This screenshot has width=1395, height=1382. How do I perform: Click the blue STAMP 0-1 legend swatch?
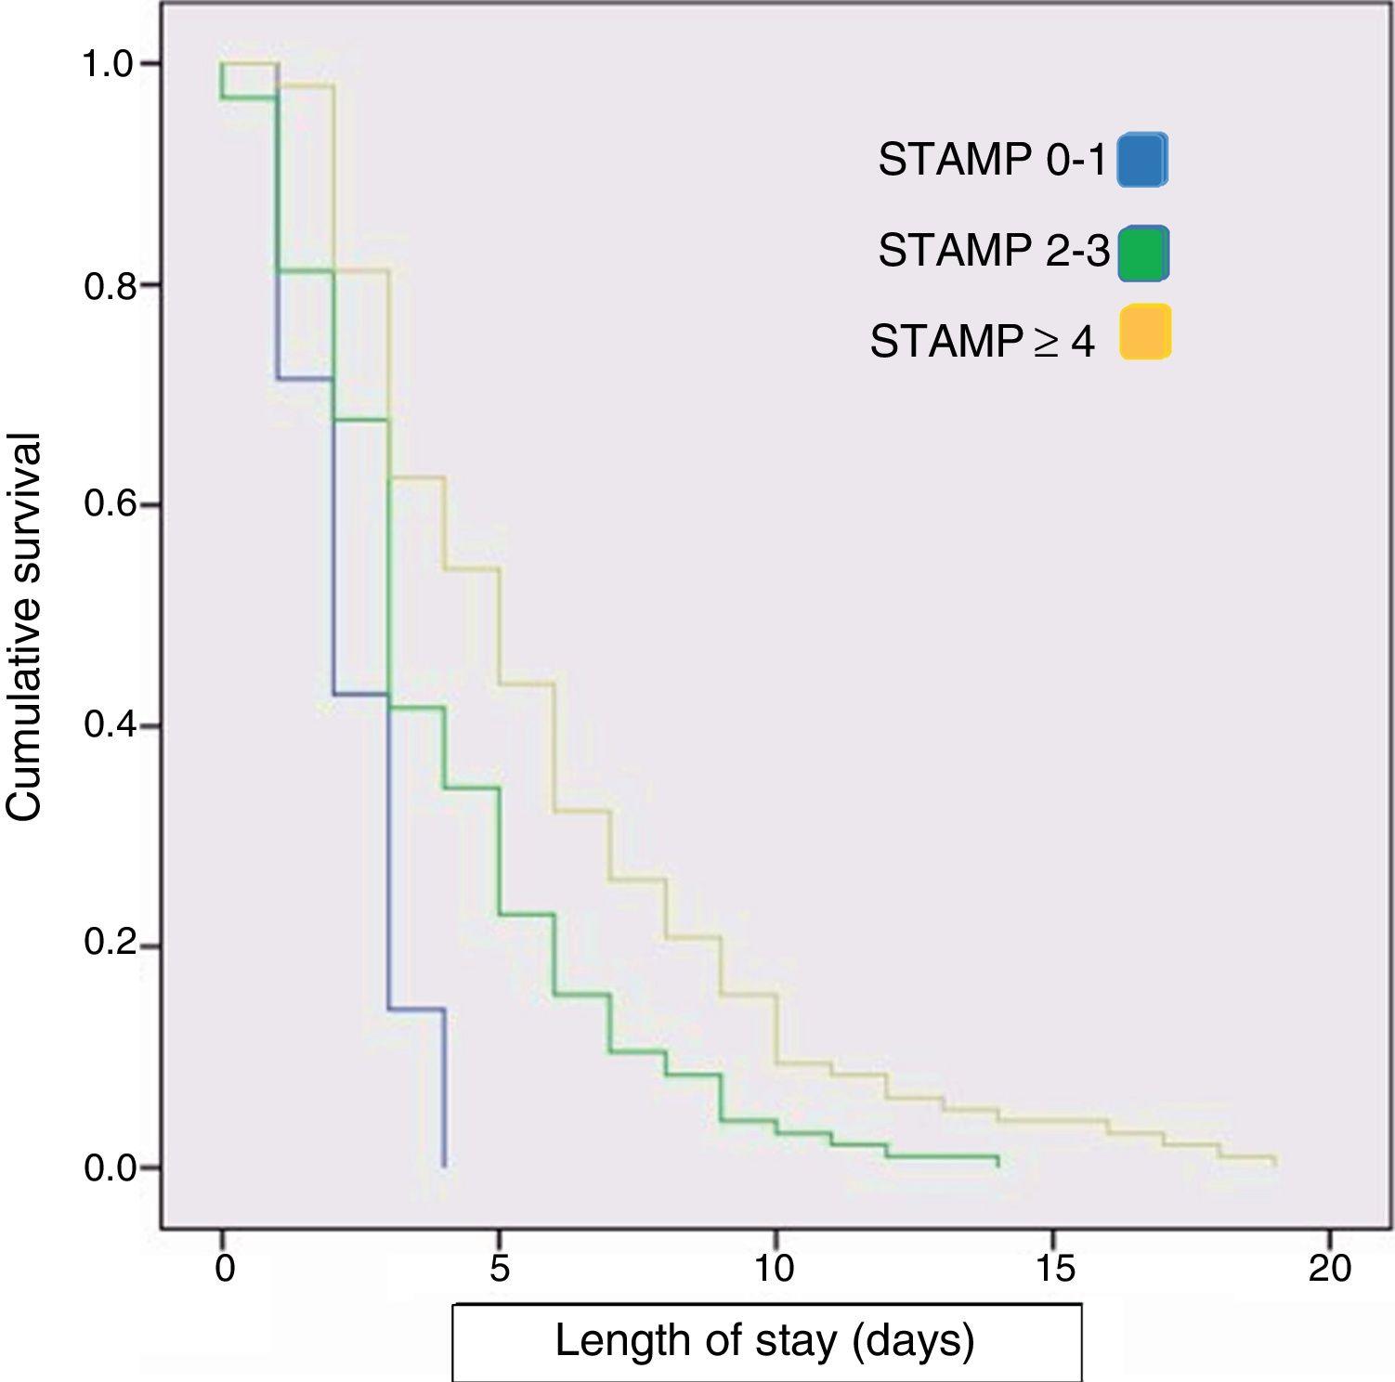point(1142,161)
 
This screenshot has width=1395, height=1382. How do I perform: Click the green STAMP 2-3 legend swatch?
point(1143,253)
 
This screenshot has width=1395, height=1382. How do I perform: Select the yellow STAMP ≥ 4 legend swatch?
point(1144,332)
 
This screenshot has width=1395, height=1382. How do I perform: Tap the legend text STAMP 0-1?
point(992,161)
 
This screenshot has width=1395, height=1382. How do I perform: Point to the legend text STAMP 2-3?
point(993,251)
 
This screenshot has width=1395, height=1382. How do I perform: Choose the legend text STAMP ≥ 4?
point(982,342)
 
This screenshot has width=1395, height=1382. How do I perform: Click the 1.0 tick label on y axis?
point(110,64)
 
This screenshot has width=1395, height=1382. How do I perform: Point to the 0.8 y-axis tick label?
point(110,285)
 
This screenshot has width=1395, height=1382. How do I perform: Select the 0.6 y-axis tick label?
point(110,504)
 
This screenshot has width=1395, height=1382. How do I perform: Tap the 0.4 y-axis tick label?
point(110,724)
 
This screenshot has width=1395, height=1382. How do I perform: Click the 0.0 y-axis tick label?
point(110,1167)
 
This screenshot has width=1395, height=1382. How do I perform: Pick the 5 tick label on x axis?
point(499,1269)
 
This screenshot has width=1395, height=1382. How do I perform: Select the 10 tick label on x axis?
point(774,1269)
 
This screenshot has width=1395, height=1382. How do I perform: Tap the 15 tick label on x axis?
point(1054,1269)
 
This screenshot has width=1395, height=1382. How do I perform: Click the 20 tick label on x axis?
point(1329,1269)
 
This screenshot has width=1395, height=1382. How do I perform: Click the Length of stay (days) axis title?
point(765,1341)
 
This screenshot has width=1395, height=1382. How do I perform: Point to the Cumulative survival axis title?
point(25,627)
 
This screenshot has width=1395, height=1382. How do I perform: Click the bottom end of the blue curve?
point(445,1166)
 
